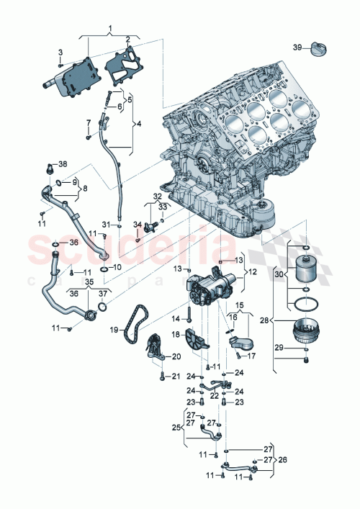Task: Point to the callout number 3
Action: tap(60, 51)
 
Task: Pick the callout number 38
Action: tap(62, 164)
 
